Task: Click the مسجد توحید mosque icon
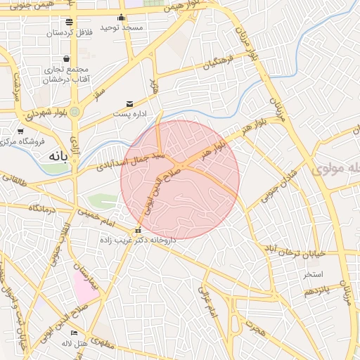122,18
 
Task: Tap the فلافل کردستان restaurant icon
68,22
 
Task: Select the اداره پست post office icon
129,103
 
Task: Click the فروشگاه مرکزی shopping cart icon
20,131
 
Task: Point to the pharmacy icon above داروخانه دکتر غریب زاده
138,230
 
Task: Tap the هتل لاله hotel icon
74,333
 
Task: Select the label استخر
312,273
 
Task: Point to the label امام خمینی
98,217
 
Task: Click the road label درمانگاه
41,208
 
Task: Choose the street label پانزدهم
317,289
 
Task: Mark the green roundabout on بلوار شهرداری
75,111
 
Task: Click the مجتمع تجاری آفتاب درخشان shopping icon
66,59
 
